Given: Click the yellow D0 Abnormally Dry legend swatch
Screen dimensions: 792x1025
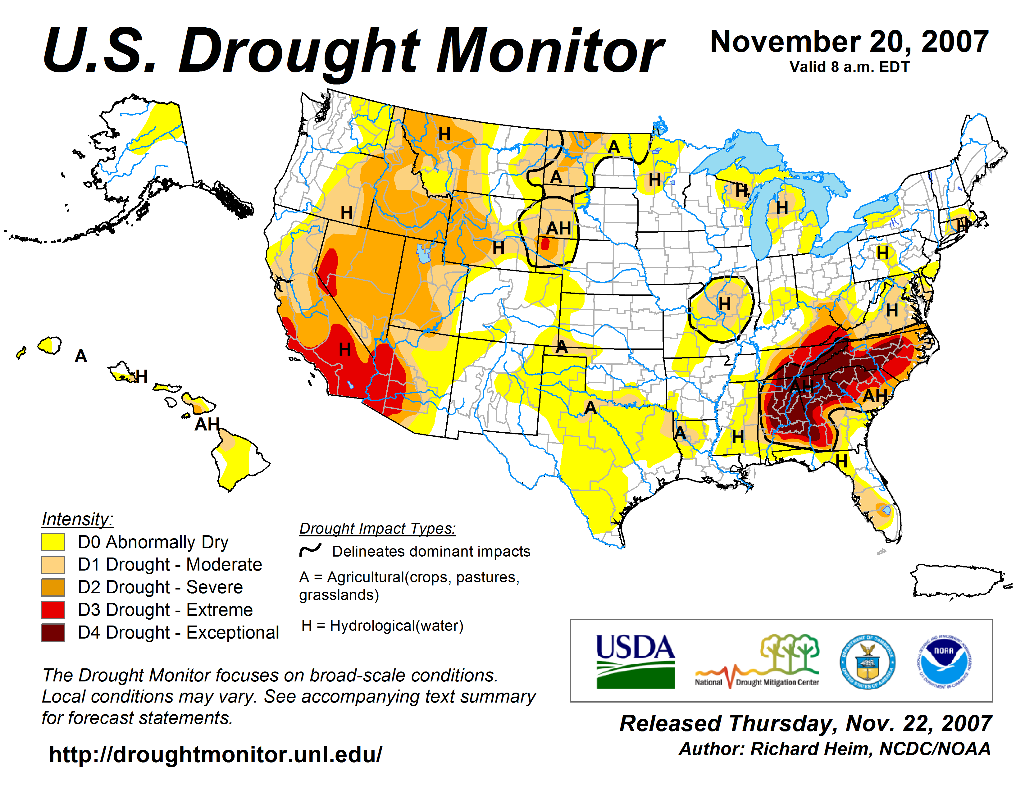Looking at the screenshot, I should tap(53, 542).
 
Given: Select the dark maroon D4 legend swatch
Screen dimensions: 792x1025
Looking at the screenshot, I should tap(53, 632).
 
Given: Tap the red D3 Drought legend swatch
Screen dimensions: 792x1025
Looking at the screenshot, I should tap(53, 610).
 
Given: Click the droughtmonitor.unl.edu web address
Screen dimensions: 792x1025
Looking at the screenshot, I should tap(216, 754).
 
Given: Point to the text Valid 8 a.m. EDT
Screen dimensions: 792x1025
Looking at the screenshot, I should tap(850, 67).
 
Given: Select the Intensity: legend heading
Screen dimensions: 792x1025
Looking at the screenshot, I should tap(77, 519).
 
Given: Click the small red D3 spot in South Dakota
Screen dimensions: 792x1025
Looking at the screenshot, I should tap(545, 244).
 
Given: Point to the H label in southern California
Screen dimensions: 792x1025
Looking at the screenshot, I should tap(345, 349).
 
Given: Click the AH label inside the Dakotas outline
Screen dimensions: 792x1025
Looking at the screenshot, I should tap(558, 229).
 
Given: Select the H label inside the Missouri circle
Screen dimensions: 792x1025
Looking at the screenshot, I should tap(724, 304).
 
